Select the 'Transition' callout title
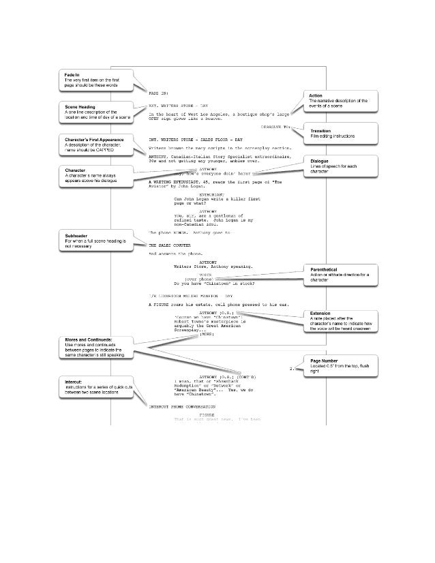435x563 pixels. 321,130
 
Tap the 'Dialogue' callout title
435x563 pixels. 320,162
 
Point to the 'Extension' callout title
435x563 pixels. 320,313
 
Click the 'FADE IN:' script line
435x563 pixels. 158,91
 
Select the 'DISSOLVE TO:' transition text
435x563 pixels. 276,127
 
